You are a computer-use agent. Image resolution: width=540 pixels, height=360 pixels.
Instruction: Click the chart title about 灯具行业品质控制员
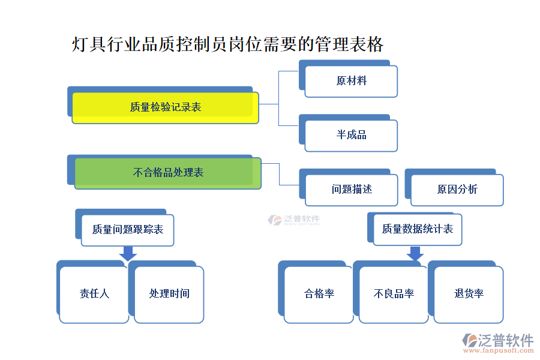click(227, 44)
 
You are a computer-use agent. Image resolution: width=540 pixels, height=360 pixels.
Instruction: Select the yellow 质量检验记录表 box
click(165, 107)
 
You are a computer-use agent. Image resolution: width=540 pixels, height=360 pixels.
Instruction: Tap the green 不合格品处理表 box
click(168, 173)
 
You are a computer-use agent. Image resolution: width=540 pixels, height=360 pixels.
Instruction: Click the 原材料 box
click(351, 81)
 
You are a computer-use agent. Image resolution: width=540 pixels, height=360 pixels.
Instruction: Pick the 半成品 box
click(351, 135)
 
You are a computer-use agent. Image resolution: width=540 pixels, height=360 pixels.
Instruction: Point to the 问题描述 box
click(352, 190)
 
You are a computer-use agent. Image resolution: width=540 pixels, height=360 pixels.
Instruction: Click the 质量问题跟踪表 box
click(127, 230)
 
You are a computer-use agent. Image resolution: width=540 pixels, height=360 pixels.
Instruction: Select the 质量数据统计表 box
click(417, 229)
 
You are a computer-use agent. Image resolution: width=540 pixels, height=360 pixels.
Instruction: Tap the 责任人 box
click(94, 294)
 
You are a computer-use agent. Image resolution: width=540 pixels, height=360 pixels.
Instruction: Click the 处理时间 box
click(169, 294)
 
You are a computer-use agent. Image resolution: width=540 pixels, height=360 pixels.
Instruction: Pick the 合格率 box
click(319, 294)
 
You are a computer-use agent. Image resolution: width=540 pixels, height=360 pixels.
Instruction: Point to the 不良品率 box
click(394, 294)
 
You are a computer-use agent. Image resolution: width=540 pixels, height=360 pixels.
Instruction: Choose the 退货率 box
click(469, 294)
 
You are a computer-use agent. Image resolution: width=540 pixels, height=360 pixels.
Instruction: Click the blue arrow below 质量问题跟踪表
click(127, 254)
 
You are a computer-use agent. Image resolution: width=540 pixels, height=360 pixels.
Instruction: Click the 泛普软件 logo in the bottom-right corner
click(498, 340)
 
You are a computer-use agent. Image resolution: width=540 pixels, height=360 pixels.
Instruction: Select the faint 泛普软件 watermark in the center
click(294, 220)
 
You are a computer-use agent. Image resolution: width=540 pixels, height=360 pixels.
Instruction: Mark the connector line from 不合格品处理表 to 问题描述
click(280, 173)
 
